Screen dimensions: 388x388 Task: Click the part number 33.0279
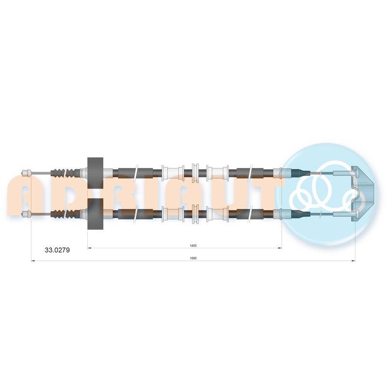pos(57,250)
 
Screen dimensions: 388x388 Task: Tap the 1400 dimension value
pos(193,246)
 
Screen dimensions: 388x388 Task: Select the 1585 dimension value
pos(193,258)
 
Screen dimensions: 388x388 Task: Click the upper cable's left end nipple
pos(27,173)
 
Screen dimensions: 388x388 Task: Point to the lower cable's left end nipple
pos(27,214)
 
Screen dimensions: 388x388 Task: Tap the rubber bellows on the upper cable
pos(66,173)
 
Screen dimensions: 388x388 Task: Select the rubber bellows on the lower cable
pos(66,214)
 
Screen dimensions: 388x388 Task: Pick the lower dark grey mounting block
pos(96,214)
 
